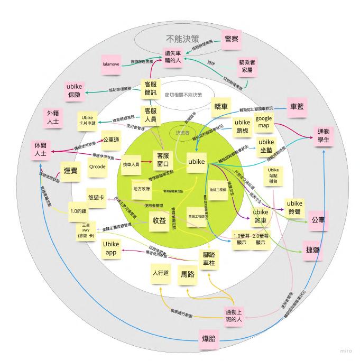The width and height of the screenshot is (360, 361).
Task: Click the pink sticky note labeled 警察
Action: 232,40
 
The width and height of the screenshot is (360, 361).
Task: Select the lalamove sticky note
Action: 113,64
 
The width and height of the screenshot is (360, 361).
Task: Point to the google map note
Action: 264,123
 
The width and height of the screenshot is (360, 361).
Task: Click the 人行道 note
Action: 160,273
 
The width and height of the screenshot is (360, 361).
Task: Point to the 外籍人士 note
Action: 53,117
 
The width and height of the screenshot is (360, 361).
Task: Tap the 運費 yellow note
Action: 71,171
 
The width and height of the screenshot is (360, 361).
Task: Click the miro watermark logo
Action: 345,351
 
